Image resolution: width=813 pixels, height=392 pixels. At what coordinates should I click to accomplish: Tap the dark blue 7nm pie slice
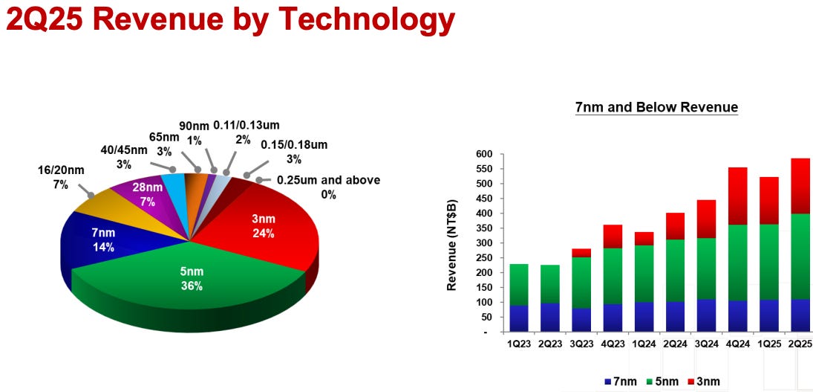103,240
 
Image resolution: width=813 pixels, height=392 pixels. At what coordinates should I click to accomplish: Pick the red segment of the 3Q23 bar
581,253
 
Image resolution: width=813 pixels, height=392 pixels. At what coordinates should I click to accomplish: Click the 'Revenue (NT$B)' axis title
451,244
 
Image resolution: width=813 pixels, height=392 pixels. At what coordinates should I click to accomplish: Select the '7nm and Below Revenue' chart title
656,108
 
